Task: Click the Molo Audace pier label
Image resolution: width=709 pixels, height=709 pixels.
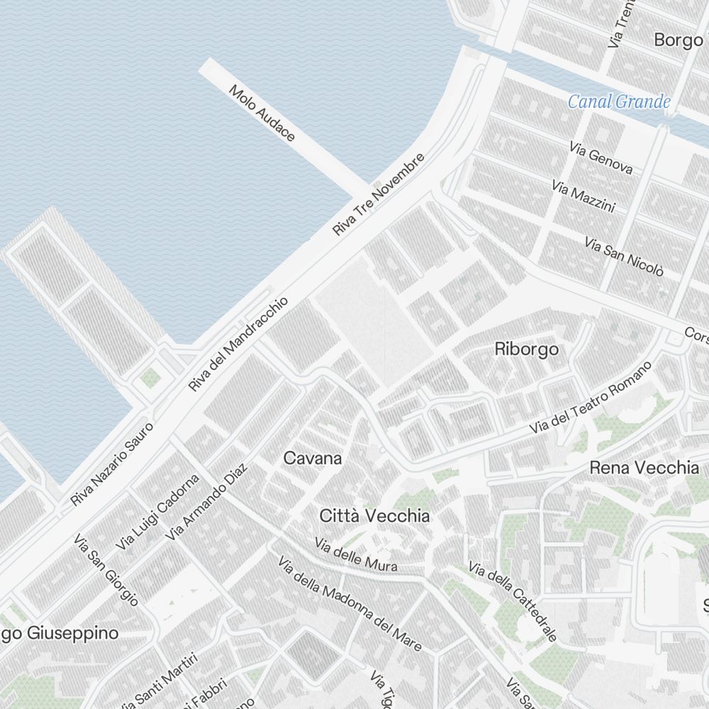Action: [x=262, y=113]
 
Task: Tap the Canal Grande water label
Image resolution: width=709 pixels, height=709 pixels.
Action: [x=619, y=102]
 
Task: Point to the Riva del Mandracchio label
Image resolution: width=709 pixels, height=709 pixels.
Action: [x=238, y=344]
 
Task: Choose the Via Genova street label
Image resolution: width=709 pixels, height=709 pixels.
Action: [x=601, y=157]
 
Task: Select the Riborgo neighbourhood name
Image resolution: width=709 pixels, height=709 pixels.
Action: [x=526, y=350]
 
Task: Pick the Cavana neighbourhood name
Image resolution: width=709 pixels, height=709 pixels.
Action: [x=312, y=459]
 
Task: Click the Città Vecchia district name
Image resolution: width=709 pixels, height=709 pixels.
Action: [x=374, y=516]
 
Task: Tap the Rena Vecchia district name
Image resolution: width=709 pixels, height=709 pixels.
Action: [x=644, y=468]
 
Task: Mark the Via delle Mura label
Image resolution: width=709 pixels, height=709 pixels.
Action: [x=357, y=556]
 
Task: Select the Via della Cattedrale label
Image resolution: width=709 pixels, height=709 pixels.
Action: [x=512, y=602]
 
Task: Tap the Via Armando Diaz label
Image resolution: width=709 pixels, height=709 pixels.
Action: [x=206, y=502]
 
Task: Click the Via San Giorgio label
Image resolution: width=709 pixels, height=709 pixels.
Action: [x=106, y=569]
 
